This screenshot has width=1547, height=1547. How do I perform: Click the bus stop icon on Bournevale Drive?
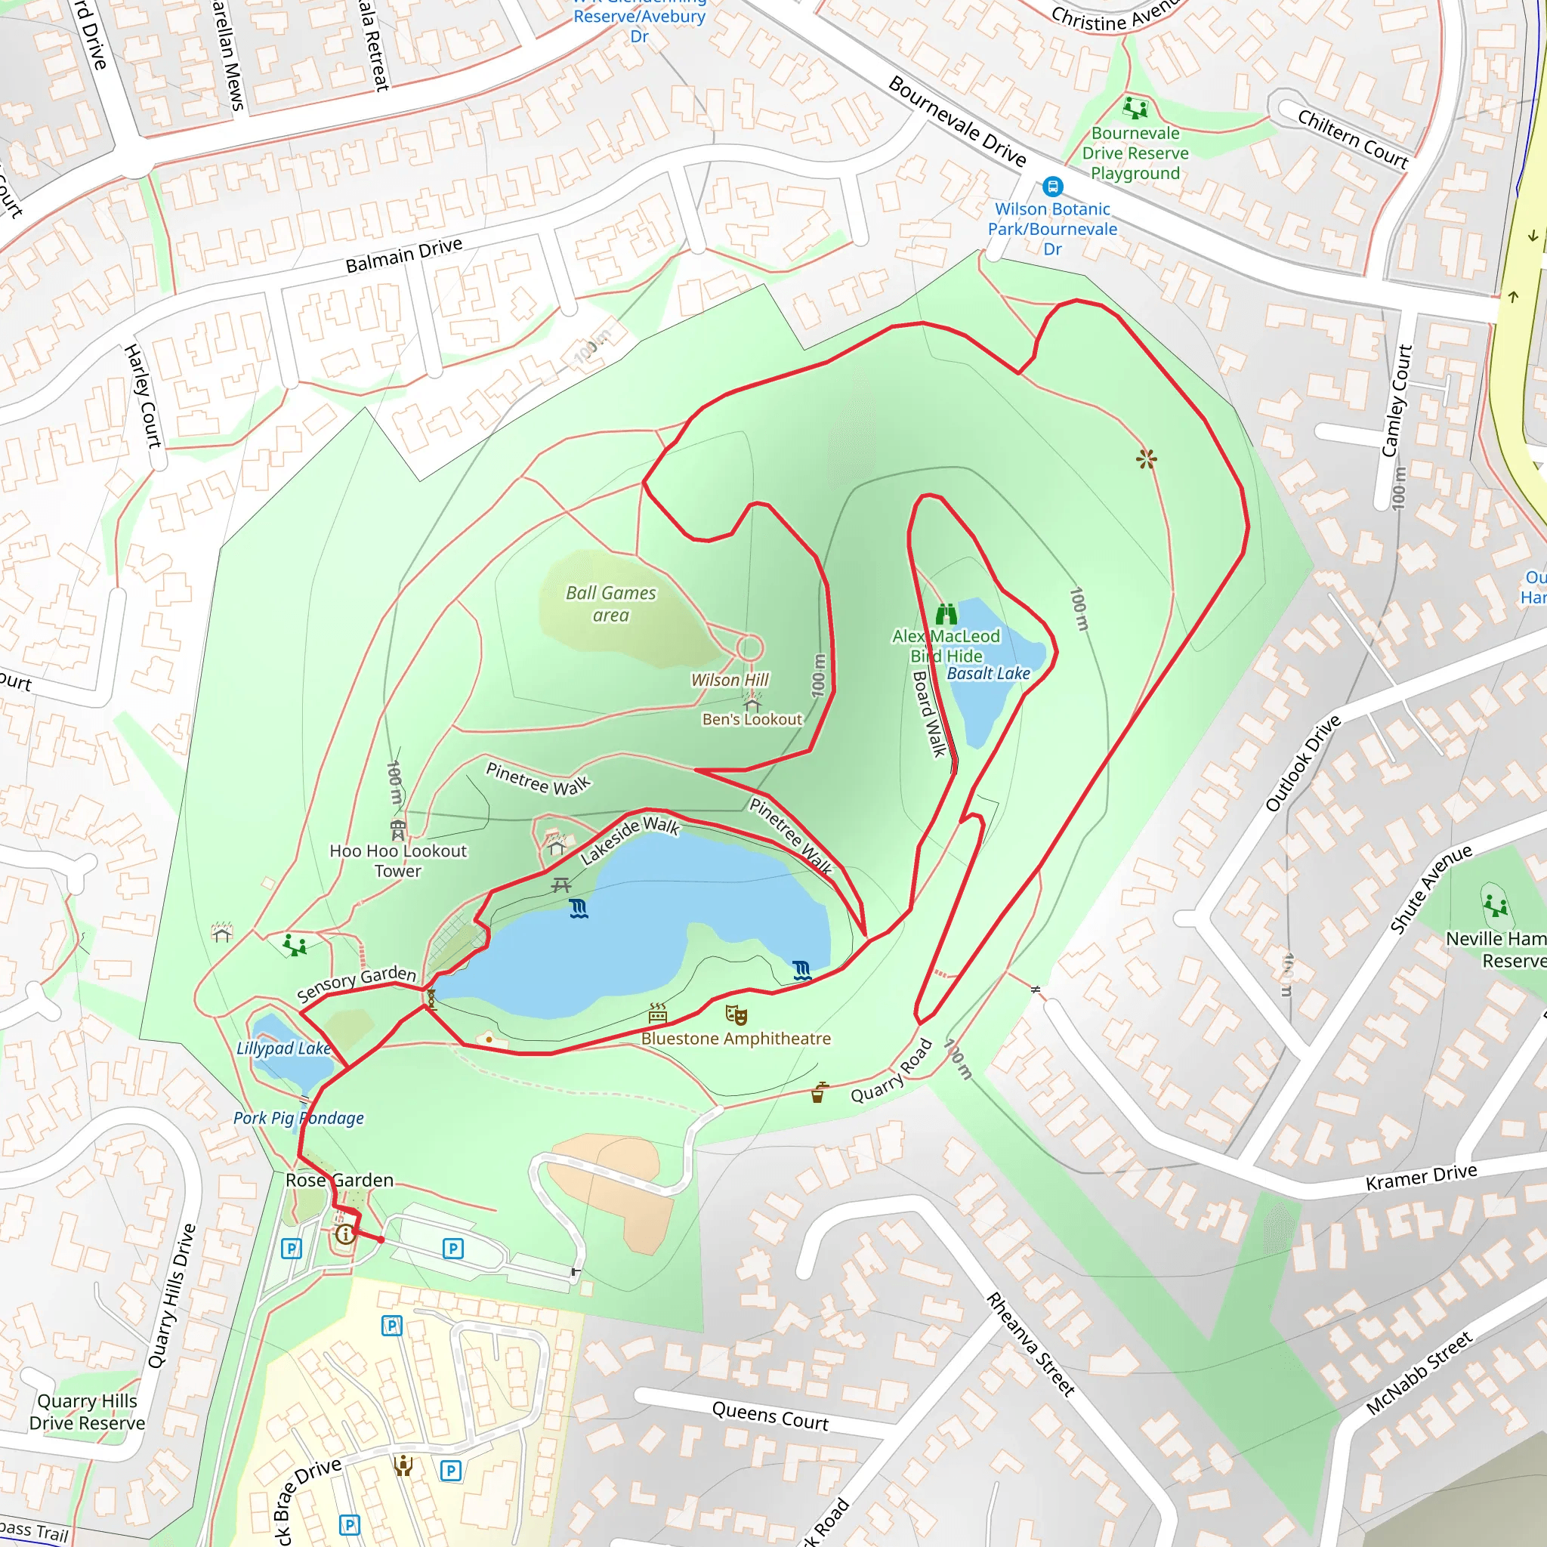1052,187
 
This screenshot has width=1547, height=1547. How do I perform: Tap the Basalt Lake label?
988,673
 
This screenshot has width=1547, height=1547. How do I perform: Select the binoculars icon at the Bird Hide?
946,614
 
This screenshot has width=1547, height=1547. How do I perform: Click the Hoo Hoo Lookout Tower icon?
398,829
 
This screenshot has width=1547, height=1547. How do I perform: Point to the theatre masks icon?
736,1015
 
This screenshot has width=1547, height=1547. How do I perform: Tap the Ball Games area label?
610,604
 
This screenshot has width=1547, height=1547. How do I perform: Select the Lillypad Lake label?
283,1048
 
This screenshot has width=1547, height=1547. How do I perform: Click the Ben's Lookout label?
752,719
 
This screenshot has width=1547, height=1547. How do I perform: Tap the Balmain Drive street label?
403,255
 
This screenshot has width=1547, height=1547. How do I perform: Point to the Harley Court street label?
144,396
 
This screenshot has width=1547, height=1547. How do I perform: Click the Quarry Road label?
891,1071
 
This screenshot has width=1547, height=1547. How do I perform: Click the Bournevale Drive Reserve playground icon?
1135,107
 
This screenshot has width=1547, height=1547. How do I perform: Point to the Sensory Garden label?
357,984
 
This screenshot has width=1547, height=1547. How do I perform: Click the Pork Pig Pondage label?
298,1118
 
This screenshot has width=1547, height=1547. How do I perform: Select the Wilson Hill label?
730,680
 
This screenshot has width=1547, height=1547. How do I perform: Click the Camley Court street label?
1397,400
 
